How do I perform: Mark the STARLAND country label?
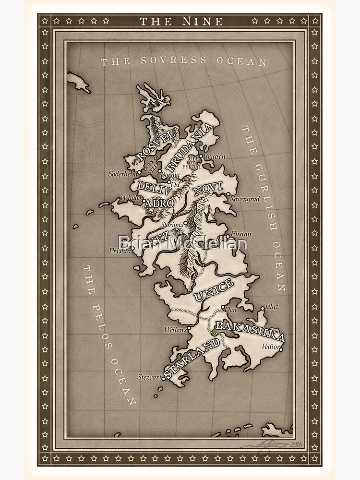pos(192,358)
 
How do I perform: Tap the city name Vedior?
pos(271,346)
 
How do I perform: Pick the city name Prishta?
pos(120,251)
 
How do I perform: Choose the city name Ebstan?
pos(240,234)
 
